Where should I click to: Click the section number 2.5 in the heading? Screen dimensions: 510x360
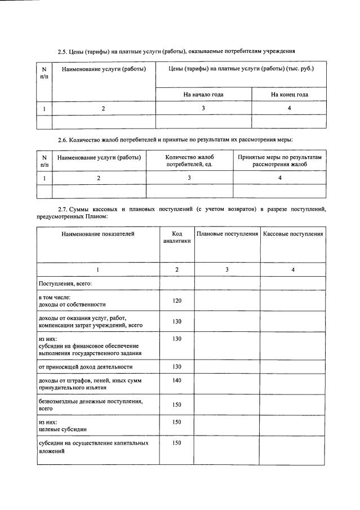pyautogui.click(x=63, y=52)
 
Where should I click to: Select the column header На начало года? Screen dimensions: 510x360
pyautogui.click(x=203, y=94)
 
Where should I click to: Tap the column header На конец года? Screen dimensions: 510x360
pyautogui.click(x=289, y=94)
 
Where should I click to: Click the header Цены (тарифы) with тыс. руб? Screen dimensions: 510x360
pyautogui.click(x=241, y=69)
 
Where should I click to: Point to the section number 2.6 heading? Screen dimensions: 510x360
pyautogui.click(x=63, y=139)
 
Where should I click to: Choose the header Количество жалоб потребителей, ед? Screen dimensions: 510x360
pyautogui.click(x=189, y=160)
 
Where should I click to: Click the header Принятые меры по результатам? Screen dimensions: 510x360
pyautogui.click(x=279, y=160)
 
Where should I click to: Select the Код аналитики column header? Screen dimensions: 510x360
pyautogui.click(x=177, y=237)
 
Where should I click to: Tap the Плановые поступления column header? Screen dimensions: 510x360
pyautogui.click(x=227, y=233)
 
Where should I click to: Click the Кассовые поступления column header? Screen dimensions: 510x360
pyautogui.click(x=293, y=233)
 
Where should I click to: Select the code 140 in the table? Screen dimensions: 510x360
pyautogui.click(x=177, y=381)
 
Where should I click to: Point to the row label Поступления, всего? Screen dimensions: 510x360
pyautogui.click(x=65, y=283)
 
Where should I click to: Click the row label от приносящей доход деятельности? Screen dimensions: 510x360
pyautogui.click(x=86, y=366)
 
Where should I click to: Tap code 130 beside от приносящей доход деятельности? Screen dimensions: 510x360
pyautogui.click(x=177, y=366)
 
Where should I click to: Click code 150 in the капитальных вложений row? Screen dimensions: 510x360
pyautogui.click(x=177, y=443)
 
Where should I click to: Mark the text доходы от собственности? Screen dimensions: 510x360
pyautogui.click(x=72, y=304)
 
